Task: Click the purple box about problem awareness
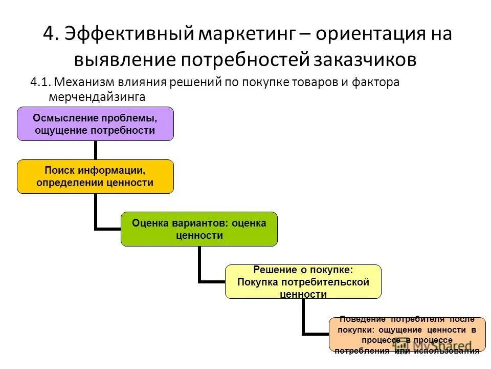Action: coord(95,124)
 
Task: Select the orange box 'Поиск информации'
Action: coord(95,176)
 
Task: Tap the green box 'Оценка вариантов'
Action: coord(199,229)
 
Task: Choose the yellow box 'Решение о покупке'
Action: coord(303,281)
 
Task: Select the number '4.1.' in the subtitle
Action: coord(41,82)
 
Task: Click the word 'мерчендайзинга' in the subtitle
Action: coord(97,96)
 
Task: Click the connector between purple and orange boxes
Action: coord(95,150)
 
